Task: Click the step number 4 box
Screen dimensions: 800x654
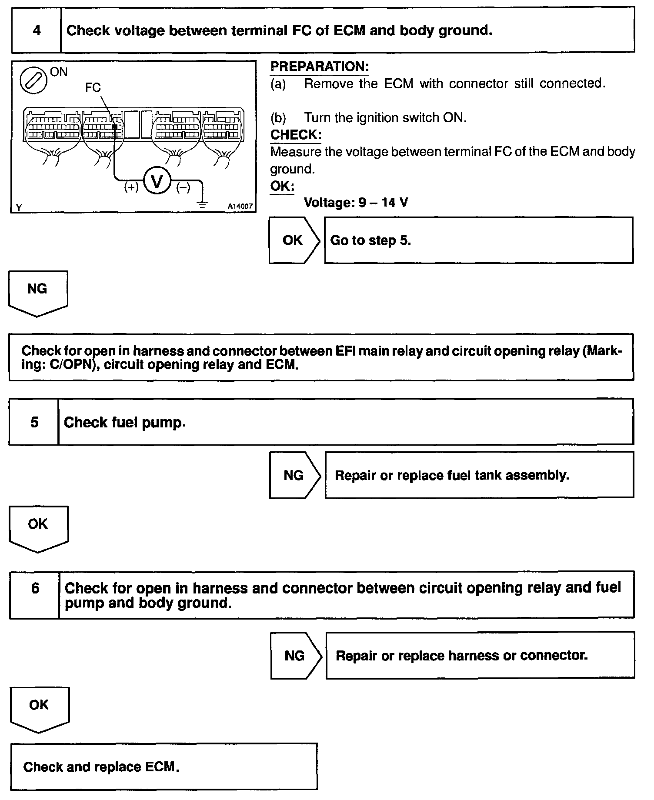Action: click(37, 30)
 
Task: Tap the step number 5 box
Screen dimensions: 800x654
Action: click(34, 422)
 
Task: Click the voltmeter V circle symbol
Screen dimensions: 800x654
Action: click(157, 181)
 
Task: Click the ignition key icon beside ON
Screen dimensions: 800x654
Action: click(33, 81)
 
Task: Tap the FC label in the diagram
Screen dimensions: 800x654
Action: click(93, 88)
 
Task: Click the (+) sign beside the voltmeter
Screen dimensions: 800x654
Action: click(131, 187)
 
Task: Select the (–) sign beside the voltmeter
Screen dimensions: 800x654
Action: click(183, 187)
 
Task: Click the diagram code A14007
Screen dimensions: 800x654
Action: click(240, 207)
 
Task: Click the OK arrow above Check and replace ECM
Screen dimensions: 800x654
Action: click(39, 707)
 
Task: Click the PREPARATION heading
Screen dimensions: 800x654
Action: click(320, 67)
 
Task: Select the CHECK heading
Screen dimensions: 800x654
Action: click(296, 135)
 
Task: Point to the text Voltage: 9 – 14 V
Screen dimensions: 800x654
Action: click(356, 203)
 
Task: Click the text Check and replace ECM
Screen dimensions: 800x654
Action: click(101, 767)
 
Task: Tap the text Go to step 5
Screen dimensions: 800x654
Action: click(370, 240)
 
